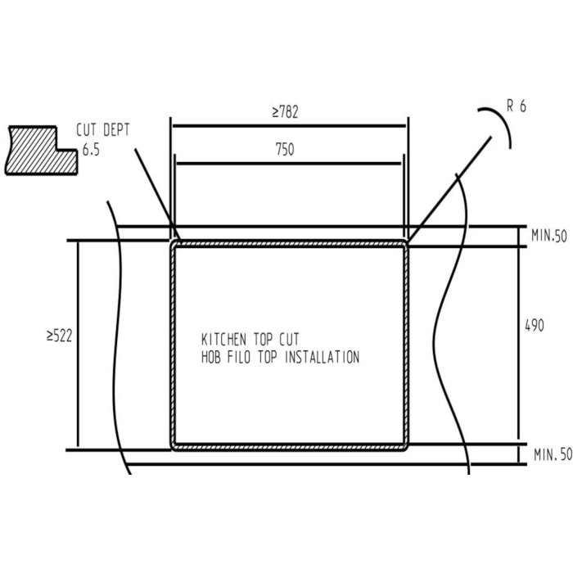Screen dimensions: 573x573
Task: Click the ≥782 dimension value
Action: [285, 112]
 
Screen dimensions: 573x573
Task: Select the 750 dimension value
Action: [285, 150]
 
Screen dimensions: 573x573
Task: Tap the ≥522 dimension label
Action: [60, 336]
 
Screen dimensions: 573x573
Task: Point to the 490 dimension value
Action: [535, 325]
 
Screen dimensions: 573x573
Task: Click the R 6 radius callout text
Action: [517, 106]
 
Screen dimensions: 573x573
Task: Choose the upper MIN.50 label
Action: [549, 236]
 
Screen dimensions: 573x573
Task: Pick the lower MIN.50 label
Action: [553, 454]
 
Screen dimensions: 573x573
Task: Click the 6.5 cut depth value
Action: [91, 150]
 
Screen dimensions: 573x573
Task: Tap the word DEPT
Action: [116, 130]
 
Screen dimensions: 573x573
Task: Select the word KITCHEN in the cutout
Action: [223, 340]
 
